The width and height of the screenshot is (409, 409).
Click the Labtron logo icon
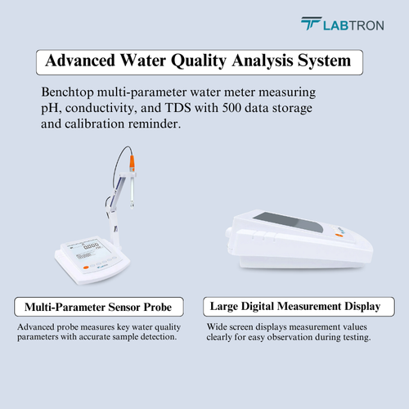pos(311,25)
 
